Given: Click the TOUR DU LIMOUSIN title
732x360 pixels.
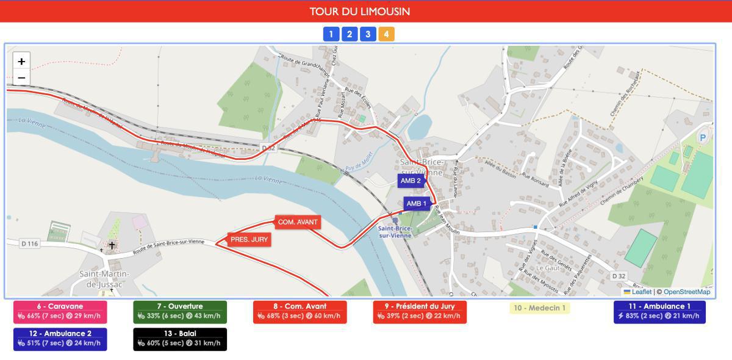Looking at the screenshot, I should click(x=359, y=12).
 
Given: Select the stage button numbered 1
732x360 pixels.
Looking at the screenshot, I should click(x=331, y=34).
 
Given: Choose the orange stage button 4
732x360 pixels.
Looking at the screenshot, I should click(x=386, y=34).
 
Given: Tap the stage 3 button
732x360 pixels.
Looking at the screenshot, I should click(x=368, y=34).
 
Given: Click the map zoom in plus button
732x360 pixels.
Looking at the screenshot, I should click(x=21, y=61).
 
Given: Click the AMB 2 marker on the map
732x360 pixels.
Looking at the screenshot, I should click(x=411, y=181).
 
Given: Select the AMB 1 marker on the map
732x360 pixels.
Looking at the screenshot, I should click(x=417, y=204).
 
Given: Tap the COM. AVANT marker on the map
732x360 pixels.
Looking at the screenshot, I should click(x=298, y=222).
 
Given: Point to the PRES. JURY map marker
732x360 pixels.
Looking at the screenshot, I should click(x=249, y=240).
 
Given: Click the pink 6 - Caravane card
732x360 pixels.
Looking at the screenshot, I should click(x=60, y=312).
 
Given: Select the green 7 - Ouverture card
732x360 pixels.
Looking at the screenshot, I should click(x=180, y=312).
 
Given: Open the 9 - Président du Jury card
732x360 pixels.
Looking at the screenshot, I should click(x=420, y=312).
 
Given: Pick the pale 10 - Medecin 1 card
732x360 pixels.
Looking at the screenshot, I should click(x=540, y=308).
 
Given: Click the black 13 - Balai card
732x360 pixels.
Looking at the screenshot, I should click(x=180, y=339).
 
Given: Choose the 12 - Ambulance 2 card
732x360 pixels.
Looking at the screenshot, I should click(x=60, y=339).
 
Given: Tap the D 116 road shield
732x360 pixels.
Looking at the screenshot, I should click(x=29, y=243).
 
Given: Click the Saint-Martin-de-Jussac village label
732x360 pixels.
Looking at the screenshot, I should click(x=104, y=279).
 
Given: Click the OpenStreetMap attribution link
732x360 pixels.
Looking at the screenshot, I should click(x=687, y=292).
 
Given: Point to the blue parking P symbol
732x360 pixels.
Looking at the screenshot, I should click(x=703, y=138).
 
